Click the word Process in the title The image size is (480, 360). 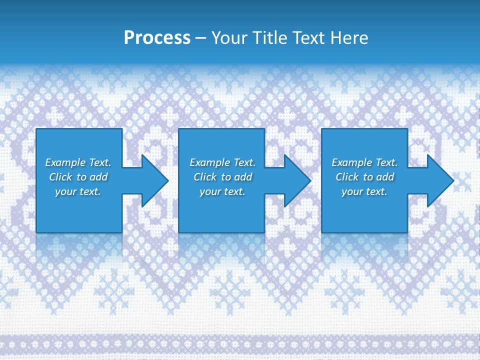157,38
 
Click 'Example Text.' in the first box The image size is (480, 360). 78,162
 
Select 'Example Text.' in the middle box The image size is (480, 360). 222,162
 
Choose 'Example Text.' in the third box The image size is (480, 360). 364,162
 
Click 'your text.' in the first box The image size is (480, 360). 78,191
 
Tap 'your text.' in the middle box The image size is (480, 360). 222,191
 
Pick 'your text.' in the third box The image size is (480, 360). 364,191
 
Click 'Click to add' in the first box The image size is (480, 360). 78,177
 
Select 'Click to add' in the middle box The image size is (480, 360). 222,177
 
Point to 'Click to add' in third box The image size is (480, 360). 364,177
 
